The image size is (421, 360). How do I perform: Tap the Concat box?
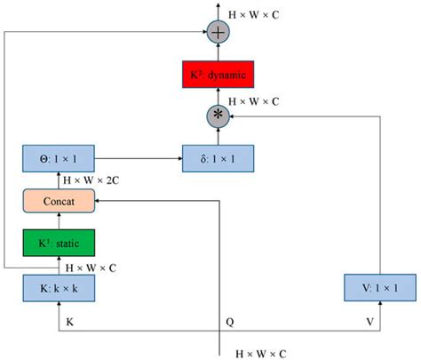[x=58, y=202]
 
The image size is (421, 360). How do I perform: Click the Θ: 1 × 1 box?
[x=58, y=160]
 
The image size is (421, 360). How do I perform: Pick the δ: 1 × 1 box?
[x=217, y=160]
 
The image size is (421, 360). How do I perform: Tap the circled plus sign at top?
[x=217, y=34]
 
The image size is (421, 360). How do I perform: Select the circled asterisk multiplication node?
[x=217, y=116]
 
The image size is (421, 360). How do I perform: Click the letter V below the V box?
[x=371, y=319]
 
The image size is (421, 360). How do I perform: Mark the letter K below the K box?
[x=71, y=319]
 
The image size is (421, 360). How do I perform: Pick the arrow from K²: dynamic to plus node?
[x=217, y=53]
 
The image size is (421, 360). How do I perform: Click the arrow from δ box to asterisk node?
[x=217, y=136]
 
